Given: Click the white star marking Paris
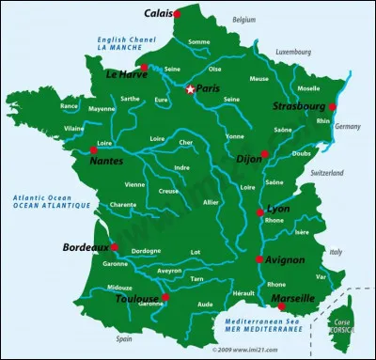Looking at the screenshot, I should [190, 89].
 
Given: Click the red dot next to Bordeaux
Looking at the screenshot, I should [114, 247].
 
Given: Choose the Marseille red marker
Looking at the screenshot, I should [282, 305].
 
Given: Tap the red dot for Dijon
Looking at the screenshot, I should [265, 153].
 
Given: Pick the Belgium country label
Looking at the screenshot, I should [244, 19].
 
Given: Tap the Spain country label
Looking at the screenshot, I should [124, 338].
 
